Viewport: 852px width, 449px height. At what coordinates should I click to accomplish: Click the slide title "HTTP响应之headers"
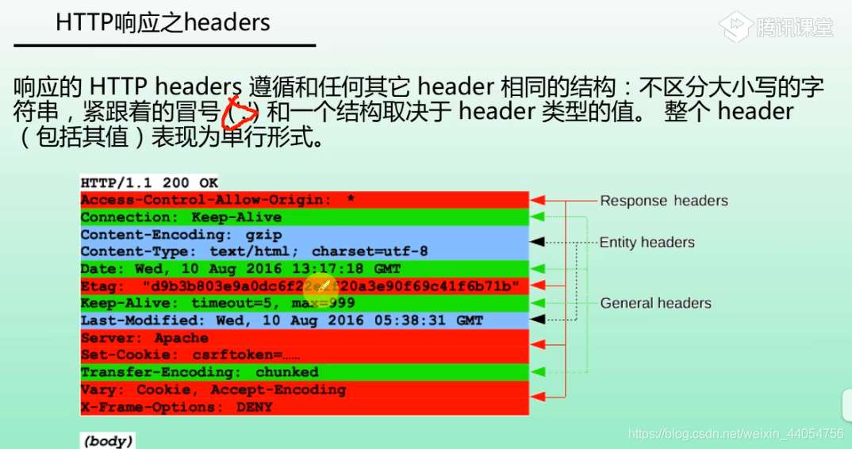coord(163,22)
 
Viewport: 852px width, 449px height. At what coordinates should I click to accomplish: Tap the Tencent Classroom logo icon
coord(735,26)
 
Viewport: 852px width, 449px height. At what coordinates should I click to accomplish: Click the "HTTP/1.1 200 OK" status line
coord(149,183)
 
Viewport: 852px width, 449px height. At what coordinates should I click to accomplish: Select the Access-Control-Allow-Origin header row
coord(304,200)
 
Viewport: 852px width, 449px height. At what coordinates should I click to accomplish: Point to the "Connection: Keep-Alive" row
coord(304,217)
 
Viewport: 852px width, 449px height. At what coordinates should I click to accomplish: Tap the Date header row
coord(304,269)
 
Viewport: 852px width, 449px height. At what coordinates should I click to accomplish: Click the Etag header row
coord(304,286)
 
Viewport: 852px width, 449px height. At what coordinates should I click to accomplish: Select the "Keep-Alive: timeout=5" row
coord(304,303)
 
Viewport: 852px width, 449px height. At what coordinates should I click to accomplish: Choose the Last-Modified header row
coord(304,320)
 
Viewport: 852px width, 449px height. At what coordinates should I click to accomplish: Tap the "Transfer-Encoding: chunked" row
coord(304,372)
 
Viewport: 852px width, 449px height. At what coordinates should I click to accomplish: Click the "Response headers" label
coord(663,201)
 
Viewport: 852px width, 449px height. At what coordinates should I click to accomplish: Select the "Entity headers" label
coord(647,242)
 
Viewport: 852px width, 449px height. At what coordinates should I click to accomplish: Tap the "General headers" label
coord(655,303)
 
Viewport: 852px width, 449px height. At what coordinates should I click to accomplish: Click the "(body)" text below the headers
coord(108,440)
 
